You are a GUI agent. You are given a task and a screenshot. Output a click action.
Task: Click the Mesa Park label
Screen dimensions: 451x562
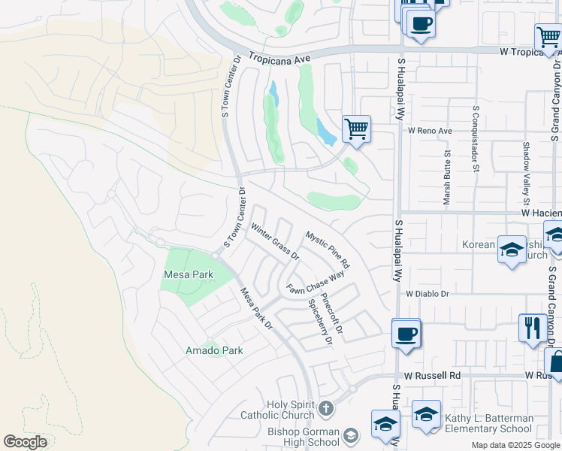(x=189, y=275)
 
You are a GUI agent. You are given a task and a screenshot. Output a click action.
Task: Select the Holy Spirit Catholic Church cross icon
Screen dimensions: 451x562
(x=325, y=409)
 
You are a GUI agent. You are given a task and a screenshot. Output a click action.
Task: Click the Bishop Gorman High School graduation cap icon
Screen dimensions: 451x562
(x=351, y=436)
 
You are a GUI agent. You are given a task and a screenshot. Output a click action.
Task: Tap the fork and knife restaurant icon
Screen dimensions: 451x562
(x=532, y=328)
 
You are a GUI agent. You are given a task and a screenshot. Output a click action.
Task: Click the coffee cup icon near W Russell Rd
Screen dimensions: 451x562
(x=406, y=333)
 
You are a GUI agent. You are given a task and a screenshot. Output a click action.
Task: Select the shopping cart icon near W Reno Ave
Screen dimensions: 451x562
(x=355, y=129)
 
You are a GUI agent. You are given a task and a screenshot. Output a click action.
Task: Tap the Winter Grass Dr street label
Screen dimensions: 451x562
(x=275, y=242)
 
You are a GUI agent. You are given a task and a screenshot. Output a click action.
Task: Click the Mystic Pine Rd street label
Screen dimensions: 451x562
(x=328, y=250)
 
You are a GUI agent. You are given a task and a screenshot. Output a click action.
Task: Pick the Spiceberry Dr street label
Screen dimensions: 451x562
(x=319, y=322)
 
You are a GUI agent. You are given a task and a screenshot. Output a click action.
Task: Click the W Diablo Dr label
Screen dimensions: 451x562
(x=427, y=294)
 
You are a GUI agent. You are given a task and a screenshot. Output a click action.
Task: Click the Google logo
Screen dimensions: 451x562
(x=25, y=442)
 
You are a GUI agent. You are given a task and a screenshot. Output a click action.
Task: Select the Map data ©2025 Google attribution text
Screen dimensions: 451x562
(x=516, y=445)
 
